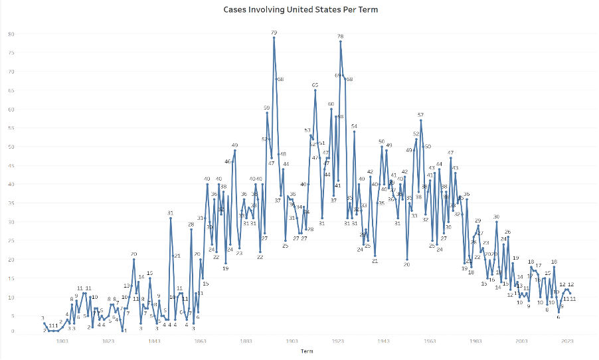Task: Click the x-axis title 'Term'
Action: [306, 351]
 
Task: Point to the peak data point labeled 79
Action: [274, 38]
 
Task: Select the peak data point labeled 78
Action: [341, 41]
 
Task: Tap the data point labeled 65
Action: [315, 90]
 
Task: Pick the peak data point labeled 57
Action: [420, 120]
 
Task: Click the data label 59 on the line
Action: [266, 108]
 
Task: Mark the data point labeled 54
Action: [354, 132]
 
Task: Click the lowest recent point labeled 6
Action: [558, 312]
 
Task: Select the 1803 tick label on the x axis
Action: [62, 341]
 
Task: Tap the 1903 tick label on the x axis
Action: [292, 341]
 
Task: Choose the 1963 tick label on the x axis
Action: [430, 341]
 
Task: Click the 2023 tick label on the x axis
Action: [568, 341]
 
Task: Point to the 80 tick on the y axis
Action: [11, 34]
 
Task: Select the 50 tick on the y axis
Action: [11, 147]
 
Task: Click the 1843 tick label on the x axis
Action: [154, 341]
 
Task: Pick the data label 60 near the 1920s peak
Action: [331, 104]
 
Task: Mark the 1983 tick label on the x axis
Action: [475, 341]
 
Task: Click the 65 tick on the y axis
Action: [11, 90]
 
